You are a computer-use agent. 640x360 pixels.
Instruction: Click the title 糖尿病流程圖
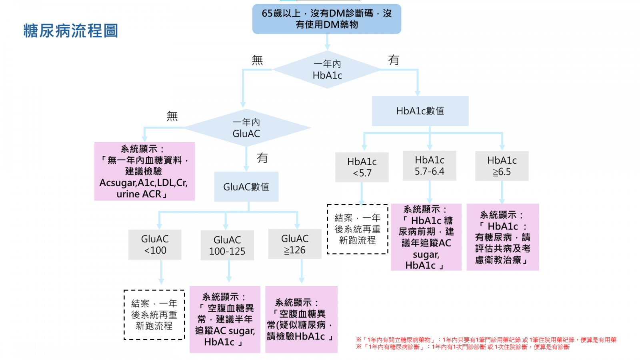coord(71,31)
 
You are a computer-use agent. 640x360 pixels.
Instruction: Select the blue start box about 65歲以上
coord(326,19)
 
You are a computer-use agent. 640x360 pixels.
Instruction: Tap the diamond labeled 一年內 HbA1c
coord(327,70)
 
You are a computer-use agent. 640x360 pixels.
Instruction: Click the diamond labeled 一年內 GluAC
coord(246,128)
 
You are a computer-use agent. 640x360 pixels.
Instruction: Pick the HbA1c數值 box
coord(420,111)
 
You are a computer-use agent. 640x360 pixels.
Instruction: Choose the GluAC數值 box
coord(246,187)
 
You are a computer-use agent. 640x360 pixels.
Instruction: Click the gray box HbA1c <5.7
coord(362,167)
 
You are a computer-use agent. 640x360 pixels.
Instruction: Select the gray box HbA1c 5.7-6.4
coord(429,166)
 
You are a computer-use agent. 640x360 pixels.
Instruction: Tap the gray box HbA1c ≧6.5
coord(502,166)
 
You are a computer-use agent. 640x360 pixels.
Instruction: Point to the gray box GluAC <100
coord(155,244)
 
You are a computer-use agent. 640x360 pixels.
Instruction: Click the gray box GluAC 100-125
coord(227,245)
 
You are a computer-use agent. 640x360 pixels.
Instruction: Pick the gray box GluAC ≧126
coord(295,244)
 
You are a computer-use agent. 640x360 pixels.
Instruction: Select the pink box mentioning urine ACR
coord(144,171)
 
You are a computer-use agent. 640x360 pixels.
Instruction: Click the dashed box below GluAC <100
coord(154,315)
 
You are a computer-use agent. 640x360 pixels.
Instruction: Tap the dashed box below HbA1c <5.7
coord(357,229)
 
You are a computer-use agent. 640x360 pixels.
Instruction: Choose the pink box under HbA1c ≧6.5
coord(502,237)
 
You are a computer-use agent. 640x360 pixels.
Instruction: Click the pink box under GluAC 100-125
coord(225,319)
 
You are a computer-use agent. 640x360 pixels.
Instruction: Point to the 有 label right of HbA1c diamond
coord(394,60)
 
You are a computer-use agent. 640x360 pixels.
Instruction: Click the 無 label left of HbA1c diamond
coord(257,60)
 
